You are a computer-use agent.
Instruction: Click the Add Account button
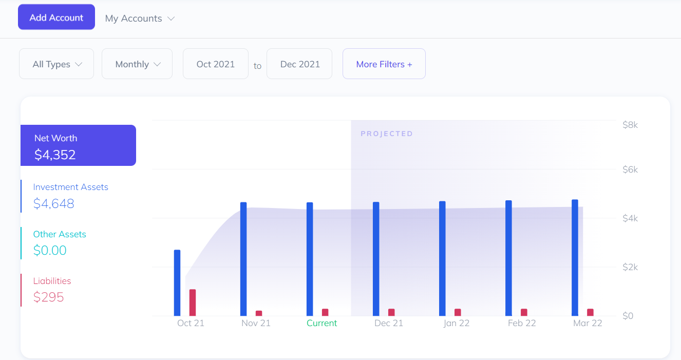click(x=56, y=17)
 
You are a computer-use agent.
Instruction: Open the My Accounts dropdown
click(x=140, y=18)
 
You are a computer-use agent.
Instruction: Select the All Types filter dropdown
click(x=56, y=64)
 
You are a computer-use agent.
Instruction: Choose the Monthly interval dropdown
click(x=137, y=64)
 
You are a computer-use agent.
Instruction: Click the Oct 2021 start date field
click(x=216, y=64)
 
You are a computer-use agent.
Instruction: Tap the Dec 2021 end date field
click(x=300, y=64)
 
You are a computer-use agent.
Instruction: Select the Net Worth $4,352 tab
click(x=78, y=146)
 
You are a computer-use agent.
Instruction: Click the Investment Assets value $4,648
click(x=54, y=204)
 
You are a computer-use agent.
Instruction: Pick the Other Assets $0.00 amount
click(x=50, y=251)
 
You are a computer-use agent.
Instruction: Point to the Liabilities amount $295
click(x=49, y=297)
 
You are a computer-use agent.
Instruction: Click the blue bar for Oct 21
click(x=177, y=283)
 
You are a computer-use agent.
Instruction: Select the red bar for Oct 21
click(x=193, y=303)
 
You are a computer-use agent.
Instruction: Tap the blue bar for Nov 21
click(x=243, y=259)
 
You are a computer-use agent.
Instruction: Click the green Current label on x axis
click(x=321, y=324)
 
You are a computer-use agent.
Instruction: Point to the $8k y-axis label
click(x=630, y=125)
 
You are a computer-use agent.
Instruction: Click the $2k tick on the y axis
click(x=630, y=267)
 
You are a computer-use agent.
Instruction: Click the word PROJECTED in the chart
click(x=387, y=134)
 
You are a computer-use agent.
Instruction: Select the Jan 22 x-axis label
click(x=456, y=324)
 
